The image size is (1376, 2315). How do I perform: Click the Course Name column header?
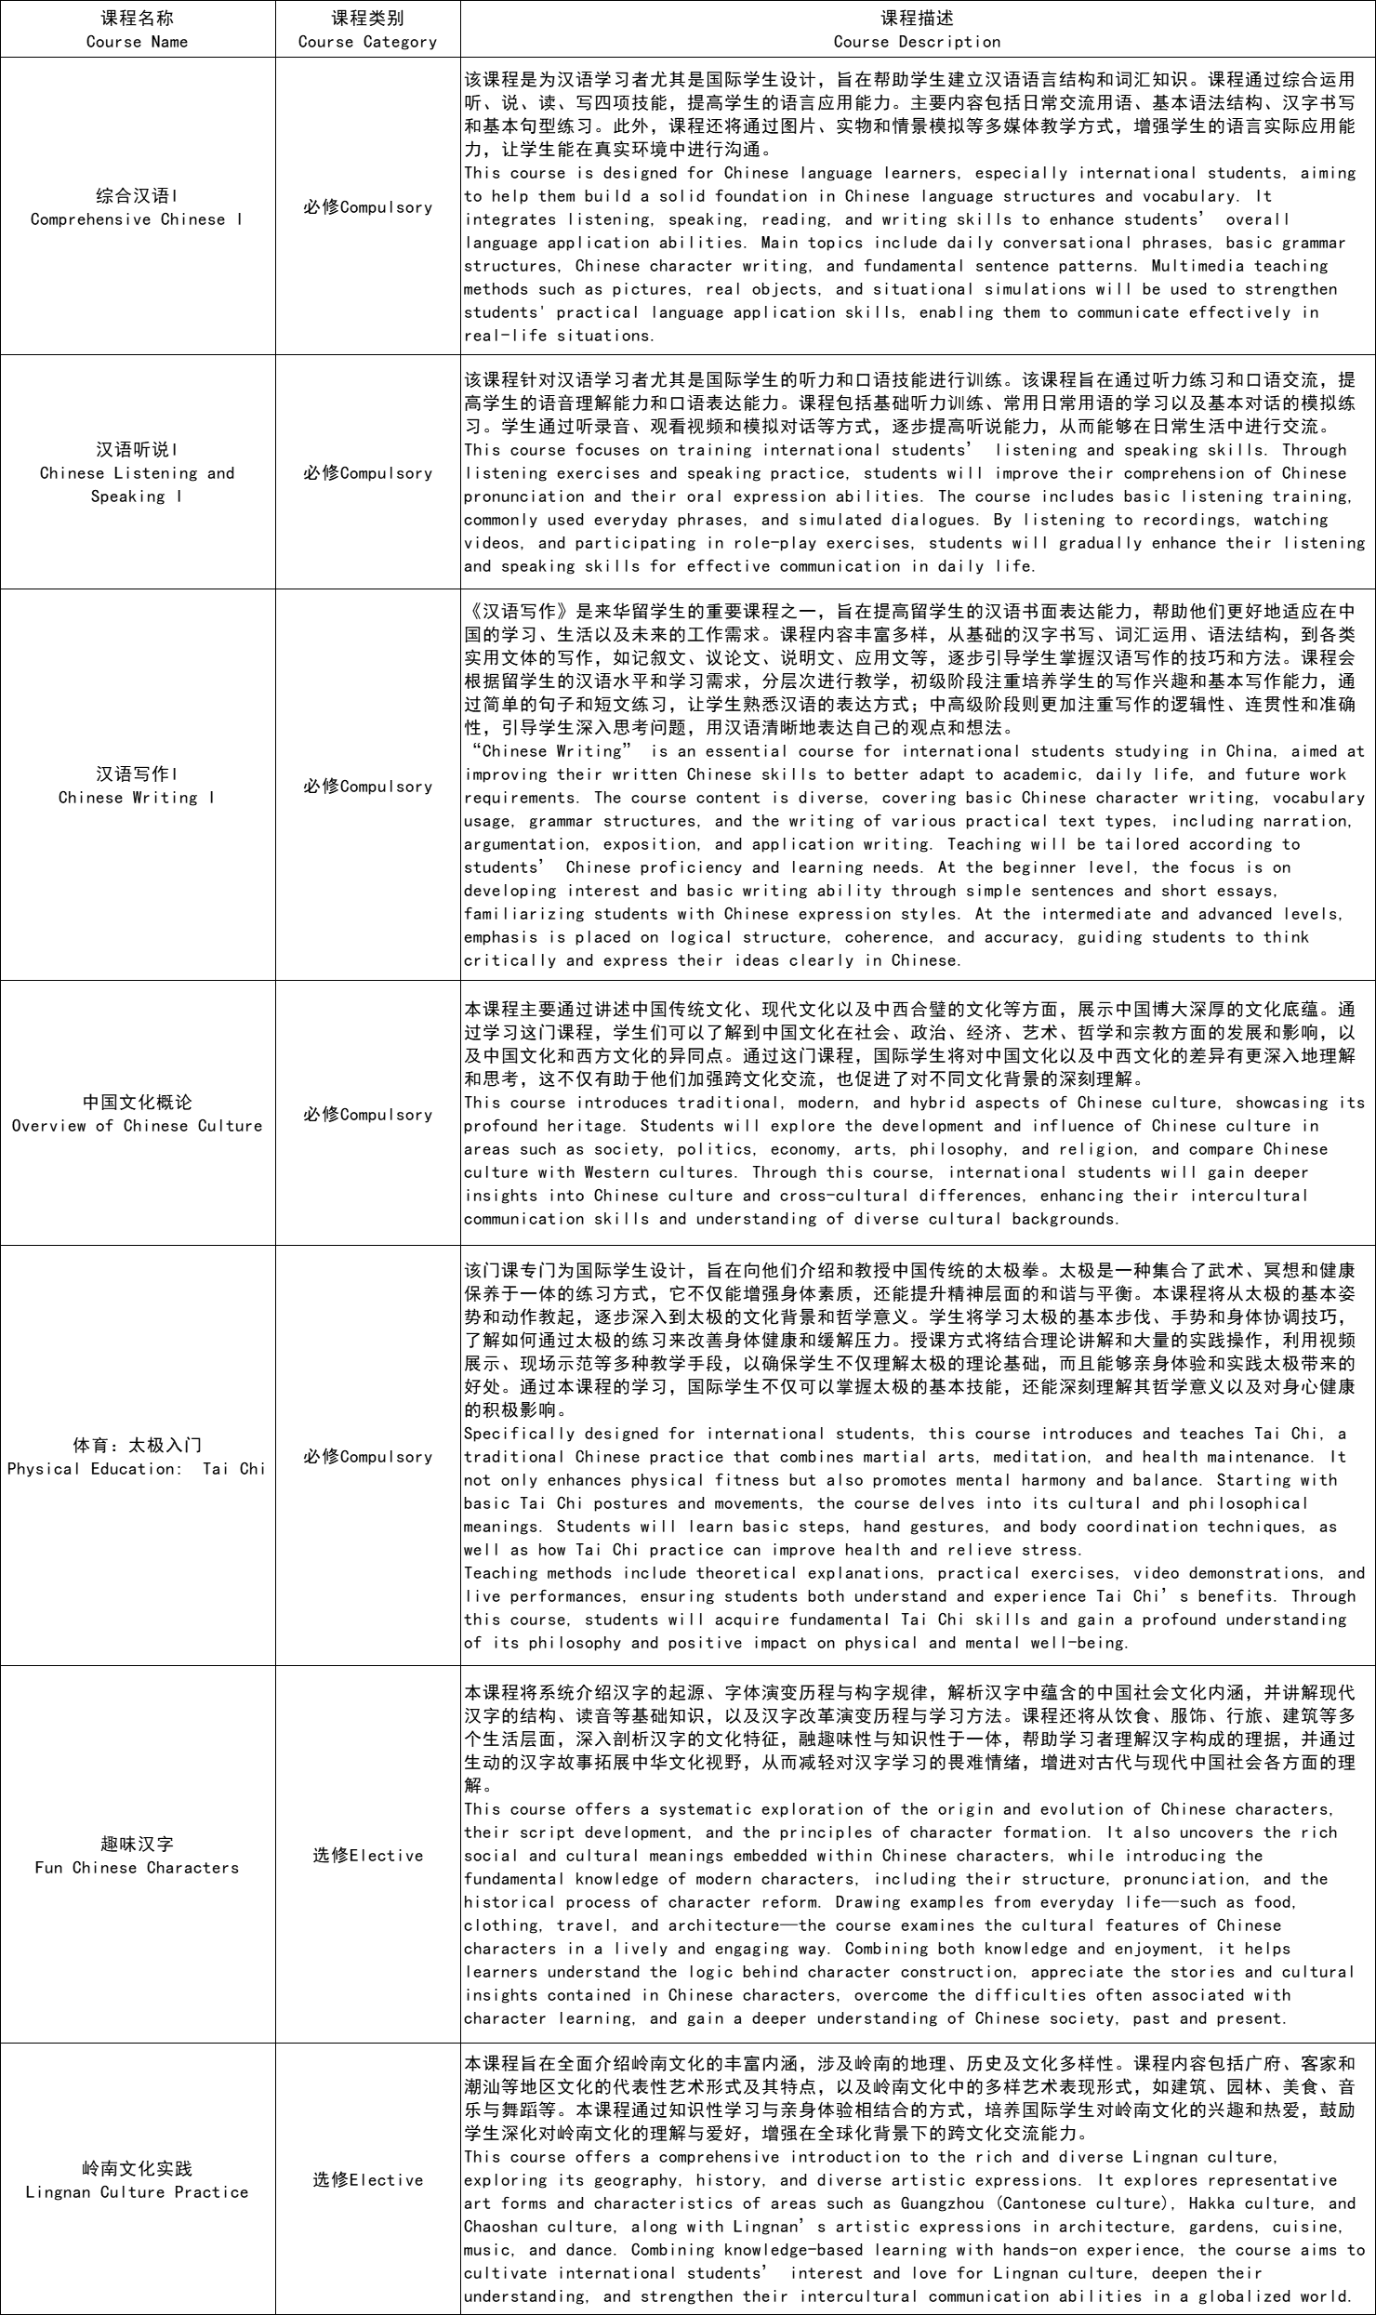(x=137, y=30)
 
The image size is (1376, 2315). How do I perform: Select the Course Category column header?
(x=367, y=30)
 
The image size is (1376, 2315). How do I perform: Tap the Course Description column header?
(x=917, y=30)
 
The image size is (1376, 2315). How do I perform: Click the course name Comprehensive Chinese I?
(x=137, y=207)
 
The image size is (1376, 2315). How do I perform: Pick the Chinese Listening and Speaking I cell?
(x=137, y=472)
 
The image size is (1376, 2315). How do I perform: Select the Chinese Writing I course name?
(x=137, y=786)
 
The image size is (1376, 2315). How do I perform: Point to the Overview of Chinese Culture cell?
(x=137, y=1114)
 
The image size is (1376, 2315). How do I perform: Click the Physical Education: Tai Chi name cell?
(x=137, y=1457)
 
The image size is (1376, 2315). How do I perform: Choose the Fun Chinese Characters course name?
(x=137, y=1856)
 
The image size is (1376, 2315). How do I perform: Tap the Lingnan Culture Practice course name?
(x=137, y=2180)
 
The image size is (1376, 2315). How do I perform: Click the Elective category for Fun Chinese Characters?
(x=367, y=1856)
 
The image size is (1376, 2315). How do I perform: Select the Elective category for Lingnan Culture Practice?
(x=367, y=2180)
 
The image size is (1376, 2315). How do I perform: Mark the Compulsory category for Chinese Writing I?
(x=367, y=787)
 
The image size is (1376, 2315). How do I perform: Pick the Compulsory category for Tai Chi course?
(x=367, y=1457)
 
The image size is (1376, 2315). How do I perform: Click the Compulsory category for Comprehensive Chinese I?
(x=367, y=207)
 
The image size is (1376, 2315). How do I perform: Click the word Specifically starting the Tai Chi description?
(x=519, y=1434)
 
